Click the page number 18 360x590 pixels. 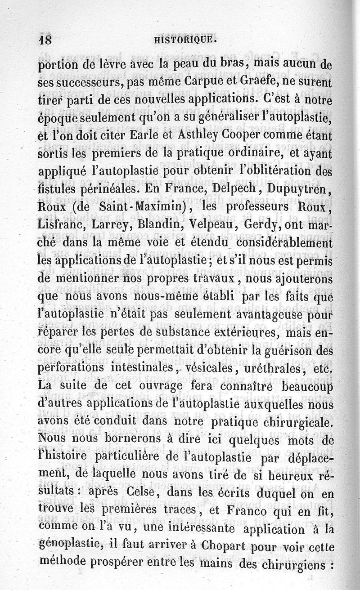pos(45,39)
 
